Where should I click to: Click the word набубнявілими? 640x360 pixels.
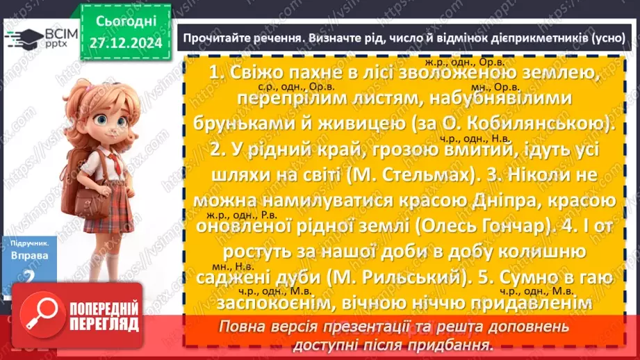493,99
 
